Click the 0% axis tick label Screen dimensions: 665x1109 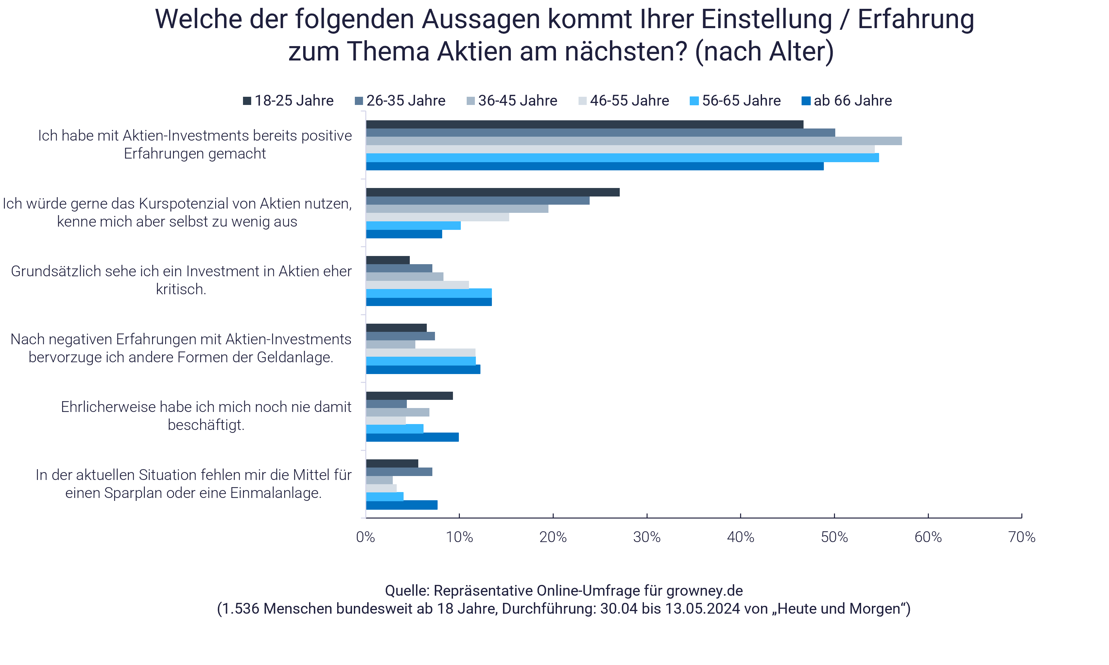366,537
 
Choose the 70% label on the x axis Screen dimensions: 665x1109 1022,537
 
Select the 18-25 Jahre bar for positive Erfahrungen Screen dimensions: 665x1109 584,125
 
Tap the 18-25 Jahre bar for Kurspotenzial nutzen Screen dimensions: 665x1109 493,192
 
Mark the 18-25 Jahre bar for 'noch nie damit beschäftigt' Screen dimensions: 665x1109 409,396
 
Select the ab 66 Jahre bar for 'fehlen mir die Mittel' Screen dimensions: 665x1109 402,505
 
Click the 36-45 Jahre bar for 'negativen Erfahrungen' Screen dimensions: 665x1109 390,345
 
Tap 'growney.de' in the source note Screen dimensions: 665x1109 704,590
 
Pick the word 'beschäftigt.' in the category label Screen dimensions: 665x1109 206,425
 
